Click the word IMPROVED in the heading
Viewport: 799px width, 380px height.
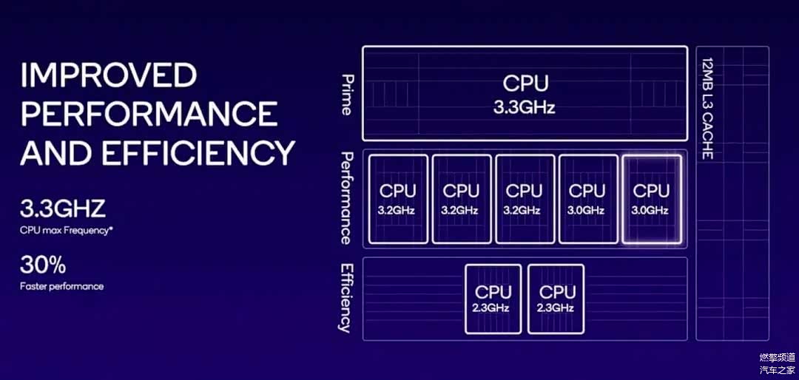[108, 75]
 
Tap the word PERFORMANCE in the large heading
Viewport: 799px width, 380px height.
[149, 114]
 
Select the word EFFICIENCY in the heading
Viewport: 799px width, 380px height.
[198, 153]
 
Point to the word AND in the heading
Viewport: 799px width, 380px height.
[56, 153]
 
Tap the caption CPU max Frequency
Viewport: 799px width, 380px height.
[65, 231]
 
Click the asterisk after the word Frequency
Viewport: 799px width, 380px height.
[112, 229]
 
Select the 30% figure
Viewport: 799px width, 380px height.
[43, 265]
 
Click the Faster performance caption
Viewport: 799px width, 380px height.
[61, 286]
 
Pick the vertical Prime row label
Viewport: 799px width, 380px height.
[345, 94]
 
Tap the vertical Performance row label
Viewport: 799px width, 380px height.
[345, 198]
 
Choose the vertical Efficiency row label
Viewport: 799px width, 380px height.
[345, 298]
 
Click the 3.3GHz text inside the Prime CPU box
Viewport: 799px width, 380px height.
[525, 108]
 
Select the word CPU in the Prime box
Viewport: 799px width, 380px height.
[525, 83]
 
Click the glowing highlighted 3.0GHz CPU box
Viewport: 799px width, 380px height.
[651, 199]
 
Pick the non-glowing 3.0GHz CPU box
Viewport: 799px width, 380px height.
[587, 199]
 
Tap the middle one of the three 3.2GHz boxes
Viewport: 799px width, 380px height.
[461, 199]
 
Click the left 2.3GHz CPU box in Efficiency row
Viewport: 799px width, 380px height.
[493, 299]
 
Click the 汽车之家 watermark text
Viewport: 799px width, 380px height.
[776, 369]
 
